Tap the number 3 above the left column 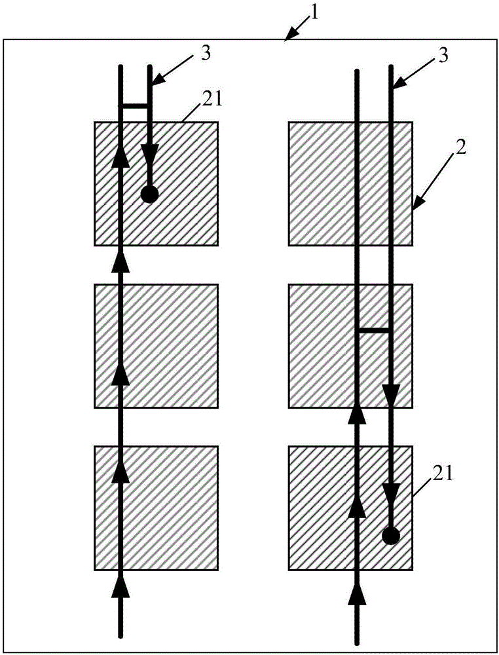coord(205,54)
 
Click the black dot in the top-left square coord(149,194)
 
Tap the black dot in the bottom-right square coord(390,536)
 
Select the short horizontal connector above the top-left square coord(135,105)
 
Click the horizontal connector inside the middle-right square coord(374,331)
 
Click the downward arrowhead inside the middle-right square coord(391,396)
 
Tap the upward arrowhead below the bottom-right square coord(358,593)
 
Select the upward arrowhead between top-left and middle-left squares coord(120,261)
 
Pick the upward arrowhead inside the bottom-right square coord(358,504)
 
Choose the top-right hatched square coord(350,183)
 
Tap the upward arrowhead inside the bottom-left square coord(120,472)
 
